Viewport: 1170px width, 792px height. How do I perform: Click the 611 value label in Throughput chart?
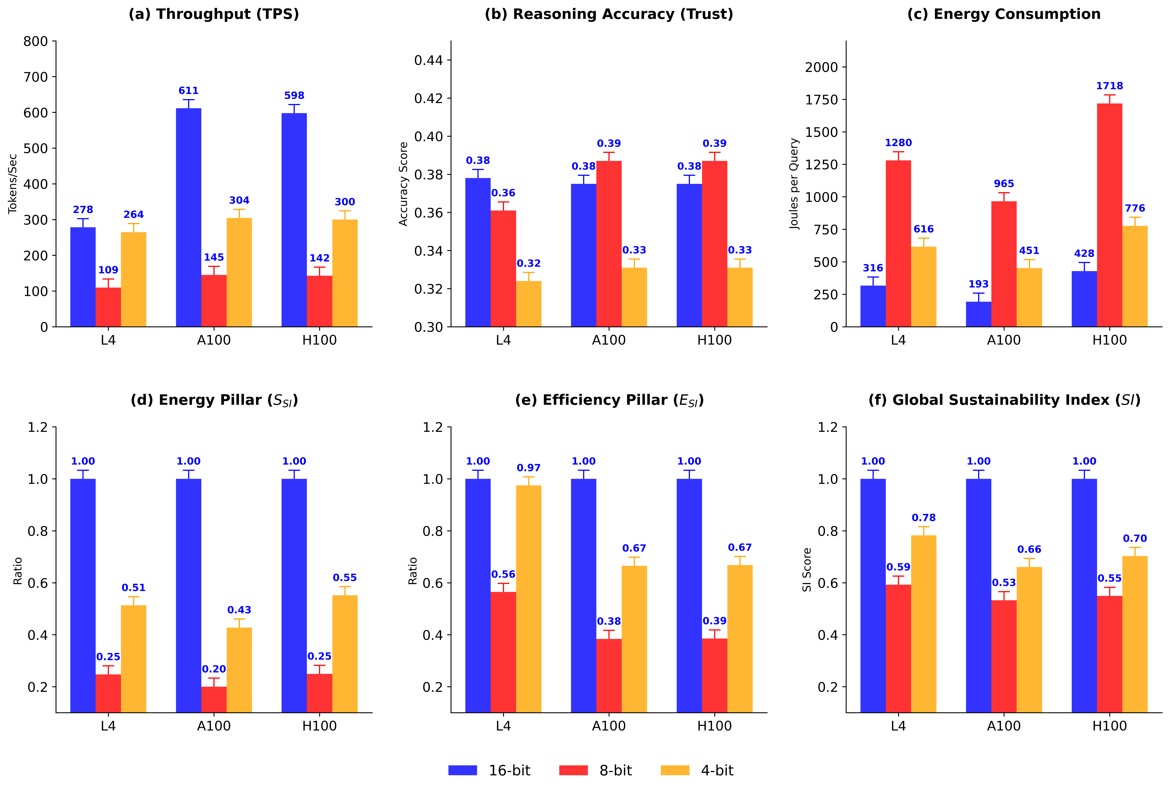pyautogui.click(x=188, y=91)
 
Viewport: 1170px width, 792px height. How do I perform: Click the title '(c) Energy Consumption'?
pyautogui.click(x=1003, y=14)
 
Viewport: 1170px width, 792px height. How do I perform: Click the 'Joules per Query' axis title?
pyautogui.click(x=794, y=184)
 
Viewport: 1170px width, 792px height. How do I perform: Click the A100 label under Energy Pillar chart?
pyautogui.click(x=213, y=726)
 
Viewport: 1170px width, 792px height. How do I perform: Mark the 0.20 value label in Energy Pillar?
pyautogui.click(x=213, y=669)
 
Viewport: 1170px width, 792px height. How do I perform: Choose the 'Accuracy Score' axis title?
pyautogui.click(x=403, y=184)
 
